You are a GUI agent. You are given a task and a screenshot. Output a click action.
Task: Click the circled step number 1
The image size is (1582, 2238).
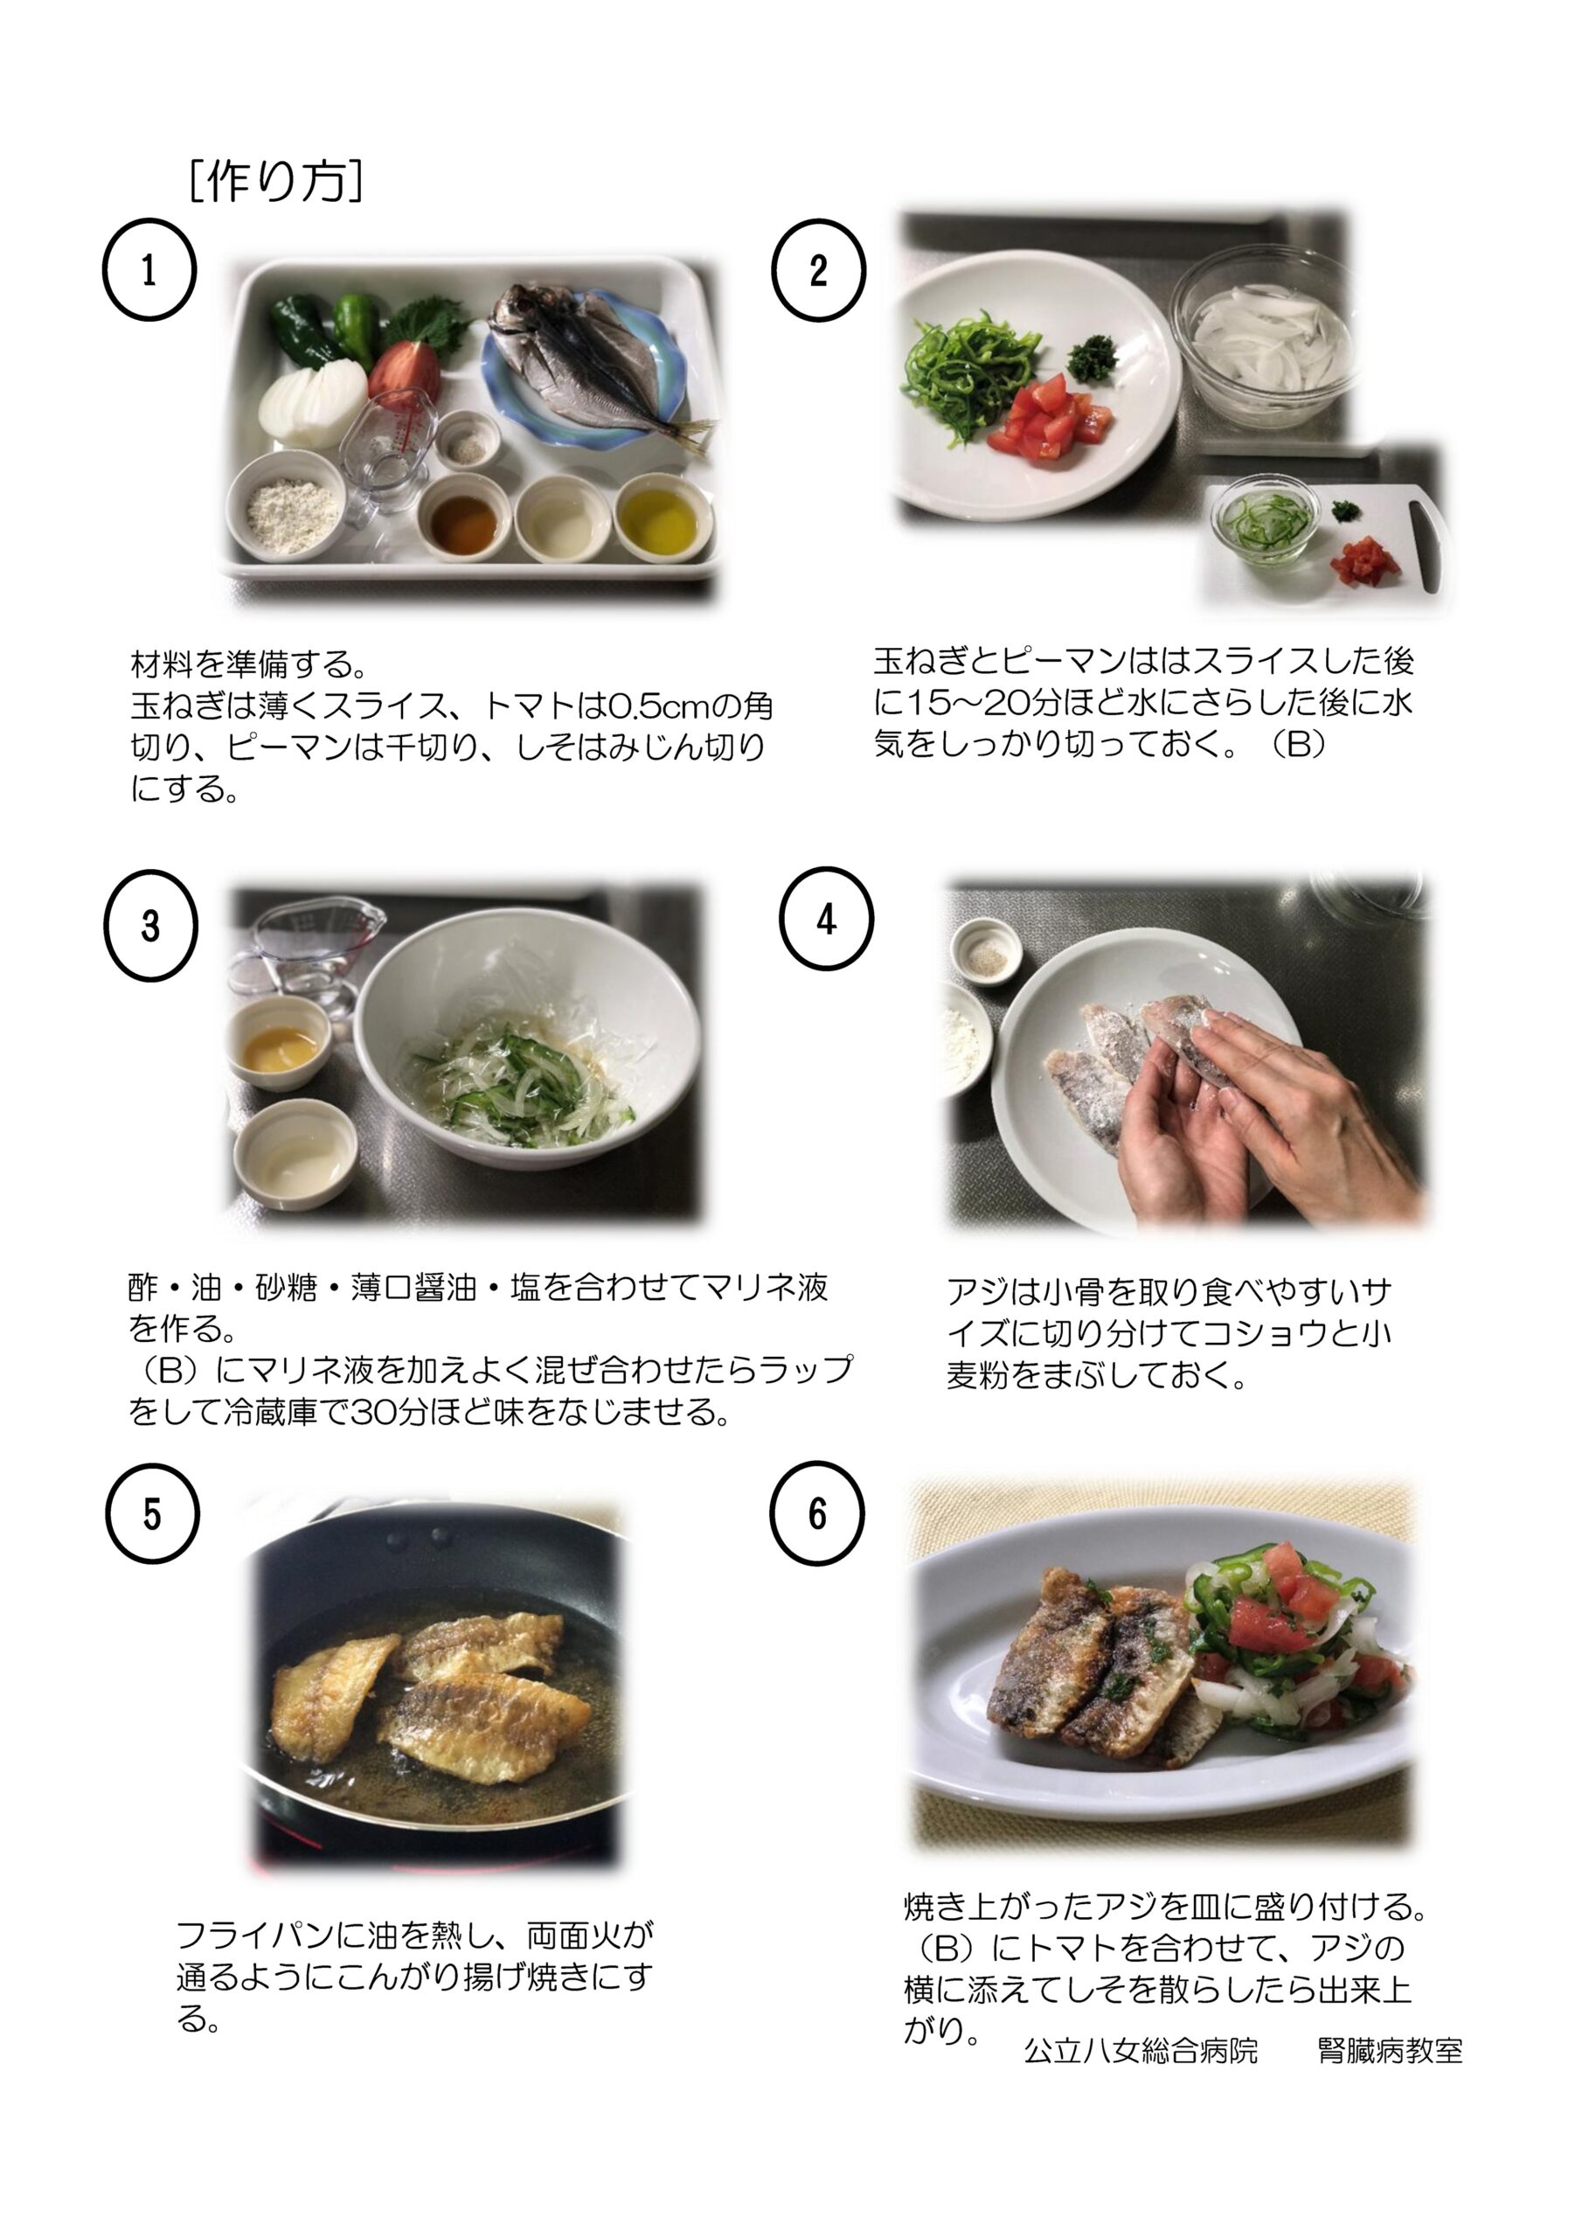[149, 270]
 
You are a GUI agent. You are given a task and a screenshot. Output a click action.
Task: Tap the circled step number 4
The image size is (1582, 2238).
[826, 918]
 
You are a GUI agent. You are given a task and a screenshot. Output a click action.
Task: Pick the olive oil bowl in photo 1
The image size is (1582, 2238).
[663, 518]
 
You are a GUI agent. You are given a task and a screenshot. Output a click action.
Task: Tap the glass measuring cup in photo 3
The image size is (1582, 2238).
[304, 951]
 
